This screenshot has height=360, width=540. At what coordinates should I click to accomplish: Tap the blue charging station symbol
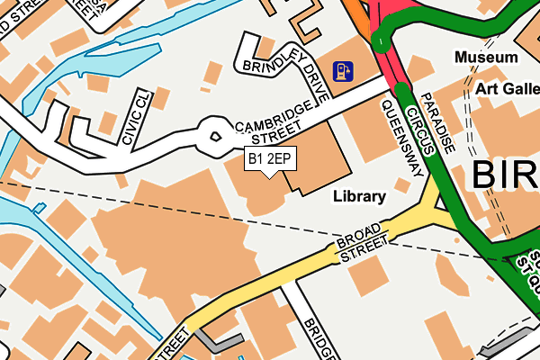click(x=342, y=70)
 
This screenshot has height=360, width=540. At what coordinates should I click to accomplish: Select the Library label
click(x=359, y=195)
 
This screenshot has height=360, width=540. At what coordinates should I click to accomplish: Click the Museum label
click(x=486, y=58)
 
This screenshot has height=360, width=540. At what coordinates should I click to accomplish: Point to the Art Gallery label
click(x=508, y=88)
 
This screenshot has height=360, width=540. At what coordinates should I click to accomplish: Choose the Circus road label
click(x=416, y=126)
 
